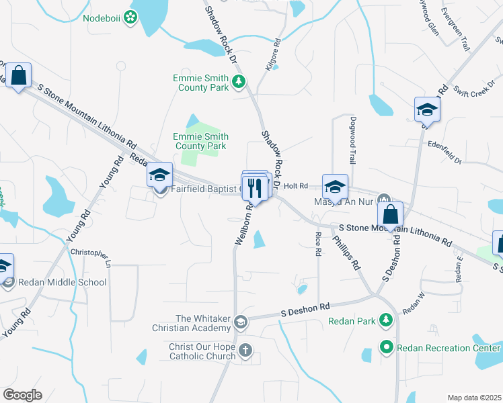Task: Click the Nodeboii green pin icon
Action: (129, 18)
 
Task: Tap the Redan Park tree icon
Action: (386, 321)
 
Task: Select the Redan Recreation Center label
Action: (449, 348)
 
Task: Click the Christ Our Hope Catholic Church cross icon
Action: (245, 350)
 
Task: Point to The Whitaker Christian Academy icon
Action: (240, 323)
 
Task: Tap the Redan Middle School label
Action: (63, 282)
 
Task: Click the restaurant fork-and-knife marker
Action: (254, 187)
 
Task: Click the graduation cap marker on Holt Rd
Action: (335, 187)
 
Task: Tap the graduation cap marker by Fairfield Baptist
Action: (159, 176)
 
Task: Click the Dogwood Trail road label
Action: (352, 140)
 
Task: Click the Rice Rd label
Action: (317, 244)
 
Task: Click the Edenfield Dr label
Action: (444, 152)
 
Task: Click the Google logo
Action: (23, 395)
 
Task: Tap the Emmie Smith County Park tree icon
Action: (238, 83)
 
